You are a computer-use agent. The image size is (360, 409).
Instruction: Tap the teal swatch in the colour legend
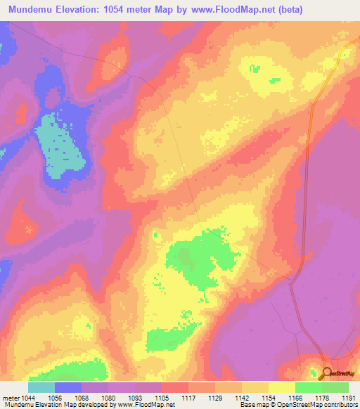[x=41, y=387]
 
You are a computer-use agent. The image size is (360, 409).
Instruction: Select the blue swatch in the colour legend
[x=68, y=387]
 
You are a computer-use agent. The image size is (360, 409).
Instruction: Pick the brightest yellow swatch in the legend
[x=282, y=387]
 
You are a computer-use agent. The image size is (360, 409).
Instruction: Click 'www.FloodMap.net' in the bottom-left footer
[x=145, y=404]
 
